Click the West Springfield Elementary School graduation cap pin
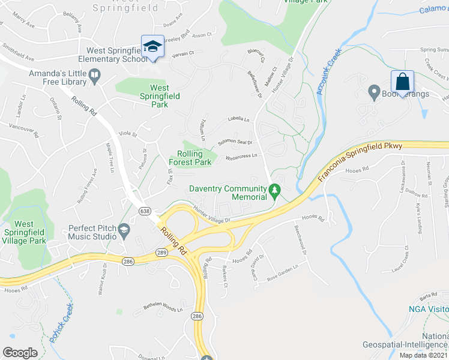pyautogui.click(x=153, y=47)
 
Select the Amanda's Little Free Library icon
pyautogui.click(x=95, y=75)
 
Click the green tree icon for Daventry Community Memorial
pyautogui.click(x=275, y=191)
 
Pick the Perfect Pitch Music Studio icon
pyautogui.click(x=124, y=229)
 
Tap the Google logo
pyautogui.click(x=20, y=352)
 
